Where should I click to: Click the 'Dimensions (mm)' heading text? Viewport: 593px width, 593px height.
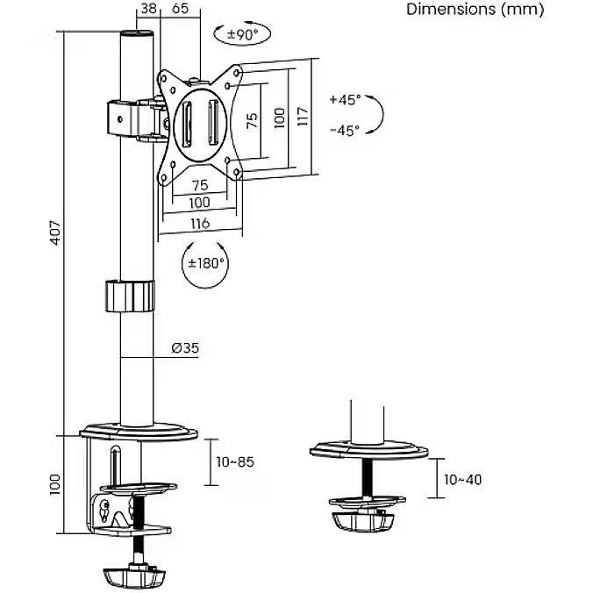tap(475, 10)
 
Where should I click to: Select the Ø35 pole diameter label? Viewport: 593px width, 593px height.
tap(184, 348)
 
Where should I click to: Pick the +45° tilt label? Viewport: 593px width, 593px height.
tap(345, 100)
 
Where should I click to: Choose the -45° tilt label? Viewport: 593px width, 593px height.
tap(345, 131)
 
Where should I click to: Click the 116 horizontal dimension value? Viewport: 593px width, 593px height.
tap(199, 224)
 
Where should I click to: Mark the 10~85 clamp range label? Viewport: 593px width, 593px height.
tap(234, 461)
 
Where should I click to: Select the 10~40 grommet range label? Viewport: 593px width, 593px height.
tap(463, 479)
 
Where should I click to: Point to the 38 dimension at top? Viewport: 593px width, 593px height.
tap(148, 9)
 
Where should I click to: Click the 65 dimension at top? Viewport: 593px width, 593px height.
tap(180, 9)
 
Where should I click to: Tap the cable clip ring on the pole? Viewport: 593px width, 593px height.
tap(129, 295)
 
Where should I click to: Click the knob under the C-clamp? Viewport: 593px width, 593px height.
tap(134, 577)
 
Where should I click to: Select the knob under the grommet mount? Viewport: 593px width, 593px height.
tap(361, 519)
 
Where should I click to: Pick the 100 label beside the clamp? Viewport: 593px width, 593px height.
tap(54, 483)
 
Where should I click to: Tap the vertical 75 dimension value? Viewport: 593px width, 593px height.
tap(253, 120)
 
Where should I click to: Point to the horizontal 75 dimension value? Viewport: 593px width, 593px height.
tap(199, 185)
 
